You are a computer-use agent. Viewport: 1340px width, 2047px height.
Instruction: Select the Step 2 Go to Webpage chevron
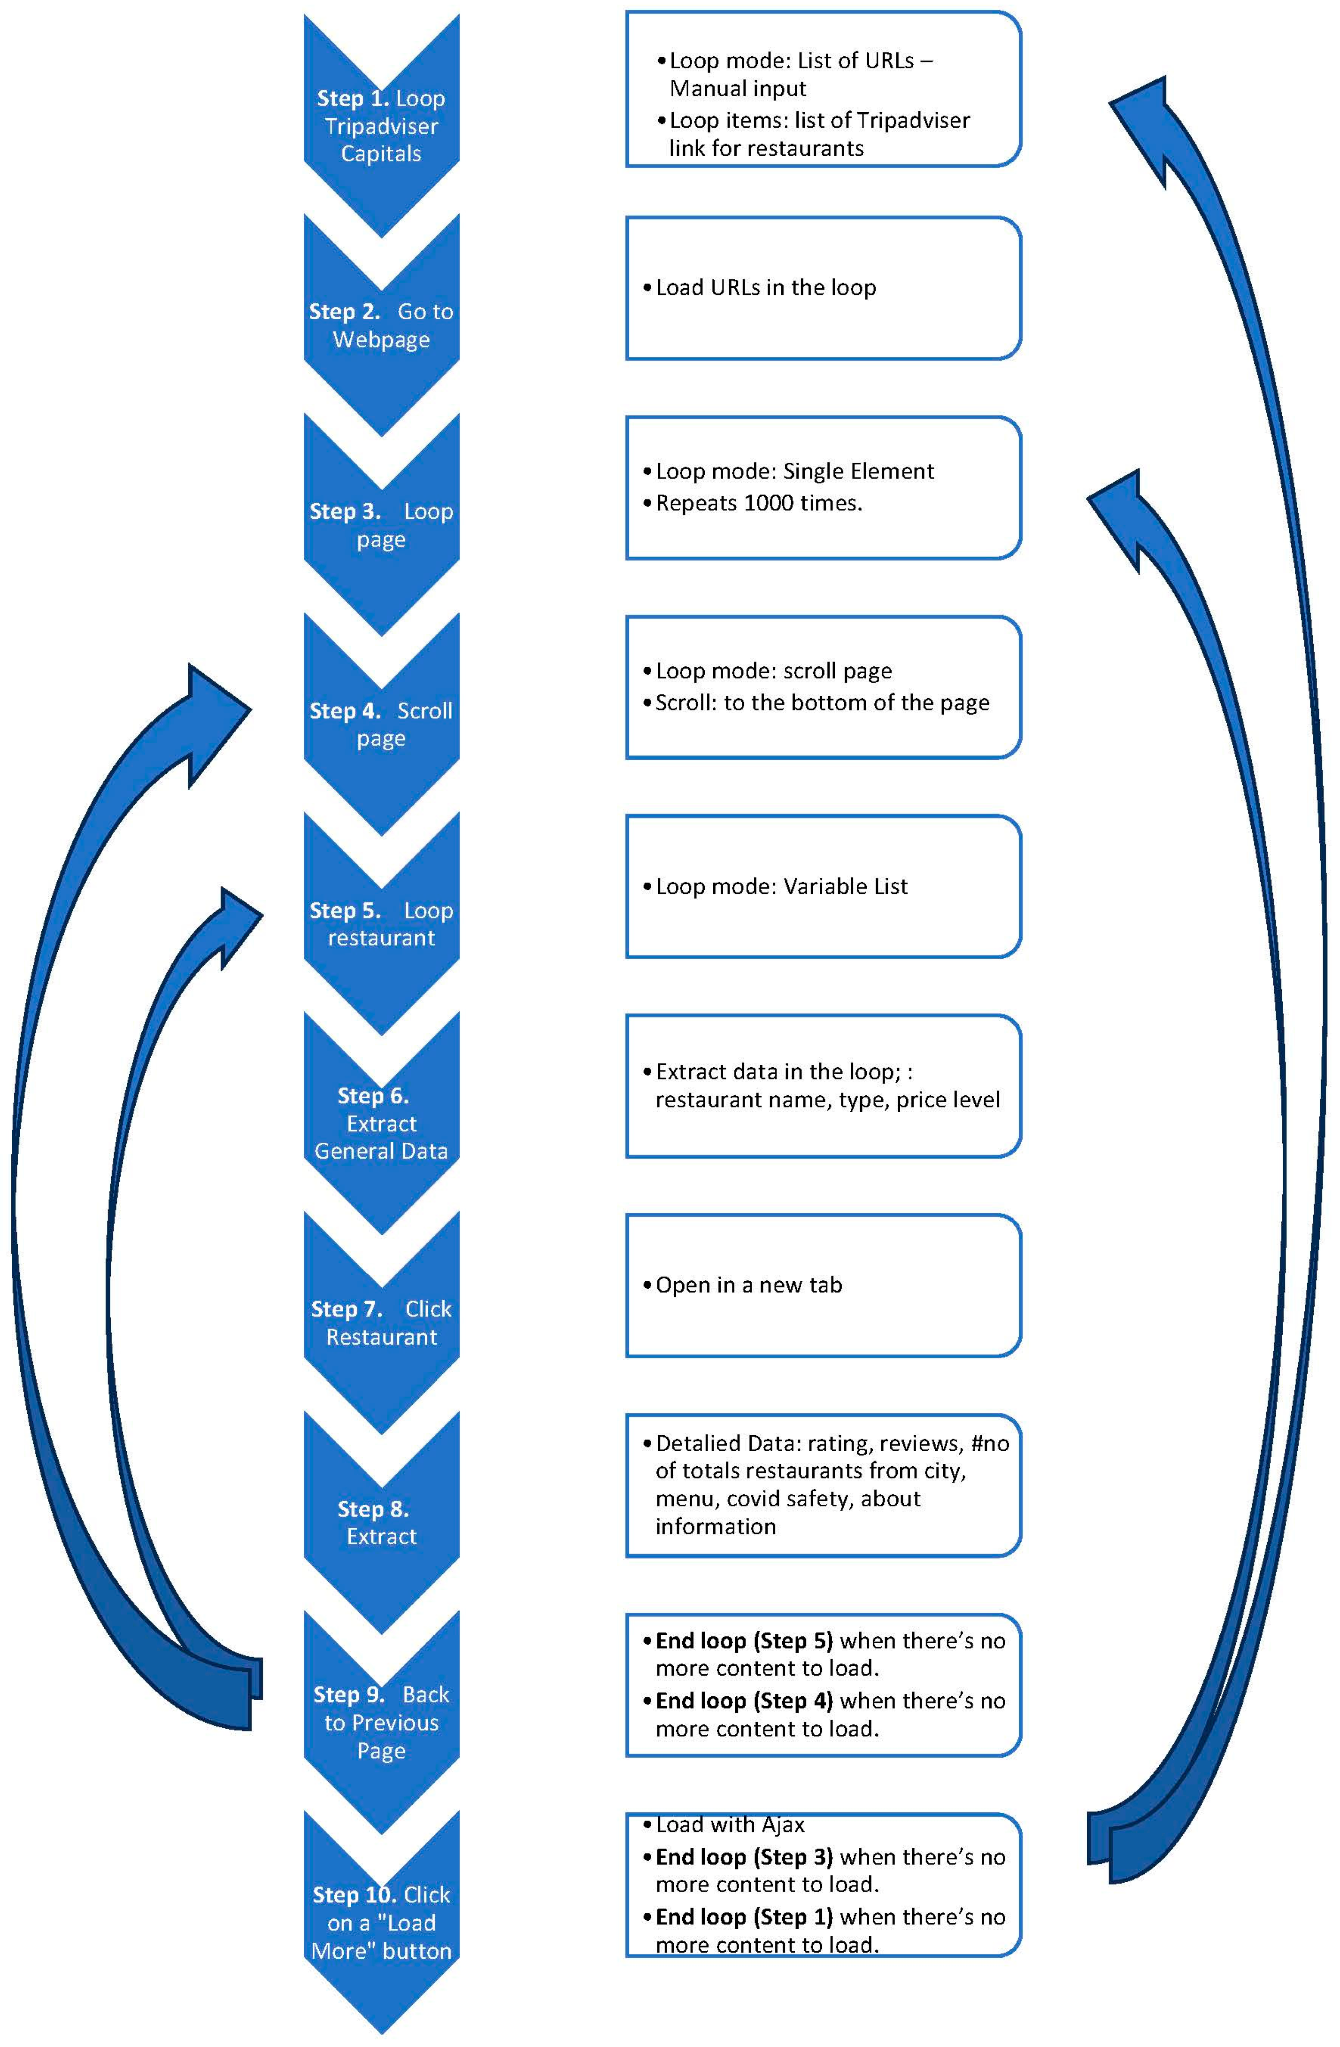[381, 325]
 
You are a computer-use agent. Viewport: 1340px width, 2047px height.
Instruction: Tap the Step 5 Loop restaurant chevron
[381, 923]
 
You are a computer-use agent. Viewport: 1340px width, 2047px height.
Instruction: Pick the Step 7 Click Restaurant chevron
[381, 1323]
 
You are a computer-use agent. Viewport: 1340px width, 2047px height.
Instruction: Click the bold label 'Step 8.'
[372, 1508]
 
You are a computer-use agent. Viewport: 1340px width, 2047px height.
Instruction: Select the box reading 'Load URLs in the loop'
[823, 288]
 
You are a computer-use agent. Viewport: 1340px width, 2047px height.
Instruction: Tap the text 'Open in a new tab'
[748, 1285]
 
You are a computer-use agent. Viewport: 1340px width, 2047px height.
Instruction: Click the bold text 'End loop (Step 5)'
[744, 1641]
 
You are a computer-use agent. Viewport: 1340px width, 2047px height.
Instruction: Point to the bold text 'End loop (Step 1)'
[744, 1916]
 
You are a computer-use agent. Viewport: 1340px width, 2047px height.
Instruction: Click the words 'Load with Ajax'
[730, 1824]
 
